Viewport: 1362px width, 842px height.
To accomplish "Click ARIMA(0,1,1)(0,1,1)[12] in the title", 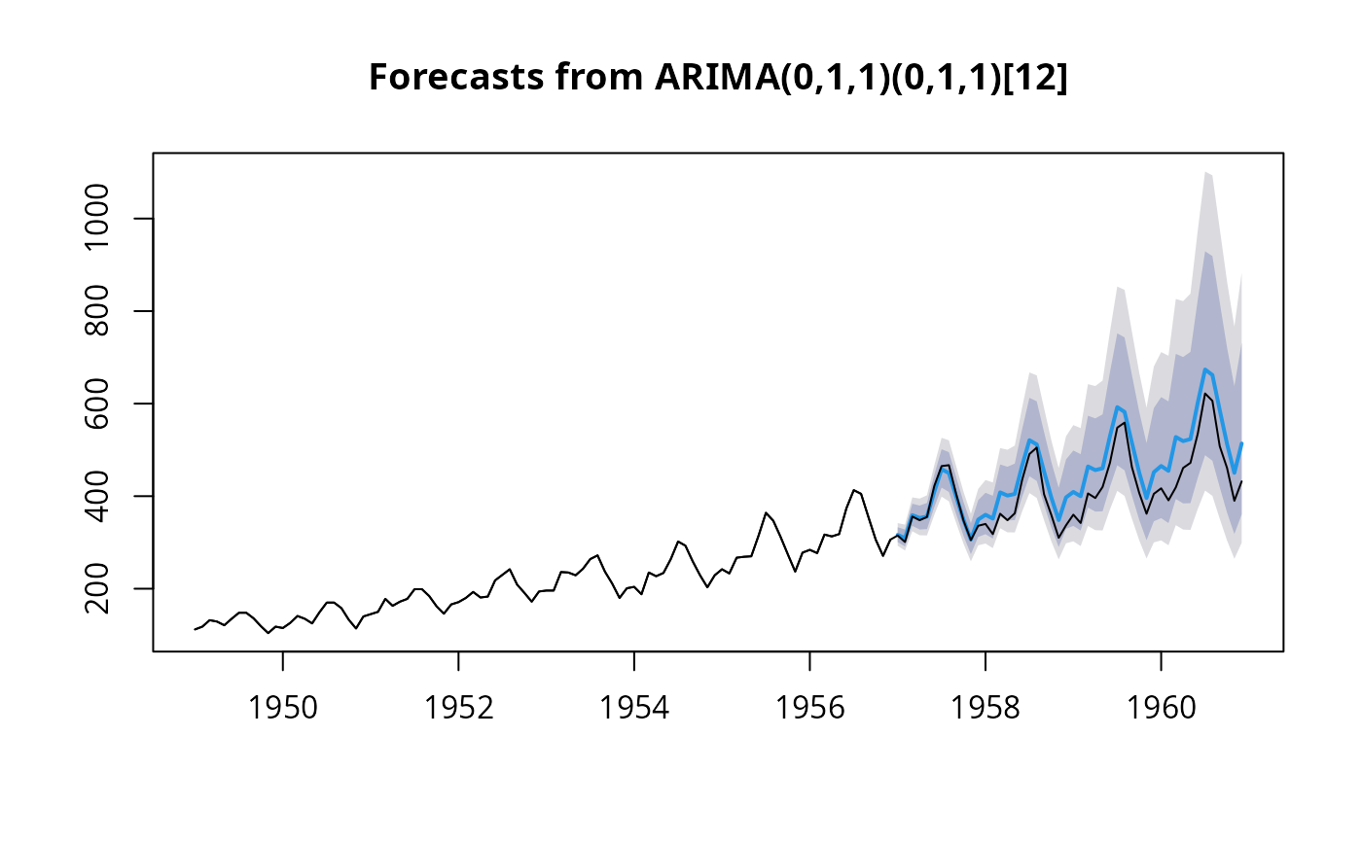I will click(854, 79).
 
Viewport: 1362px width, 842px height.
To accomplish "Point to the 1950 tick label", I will click(283, 709).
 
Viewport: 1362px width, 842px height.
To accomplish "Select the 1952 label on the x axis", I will click(458, 709).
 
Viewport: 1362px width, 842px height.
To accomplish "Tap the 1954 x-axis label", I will click(634, 709).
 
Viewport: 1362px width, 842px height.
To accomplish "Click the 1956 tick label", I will click(809, 709).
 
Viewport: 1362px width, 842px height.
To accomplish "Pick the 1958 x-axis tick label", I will click(986, 709).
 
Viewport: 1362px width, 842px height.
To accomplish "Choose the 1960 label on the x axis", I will click(1161, 709).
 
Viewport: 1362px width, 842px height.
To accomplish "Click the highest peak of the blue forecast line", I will click(1205, 369).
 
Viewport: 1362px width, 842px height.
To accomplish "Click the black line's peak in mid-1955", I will click(767, 512).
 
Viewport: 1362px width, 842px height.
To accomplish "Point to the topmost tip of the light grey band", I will click(1205, 172).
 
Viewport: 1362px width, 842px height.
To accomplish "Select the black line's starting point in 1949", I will click(195, 630).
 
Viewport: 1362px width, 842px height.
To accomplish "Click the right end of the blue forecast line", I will click(1242, 443).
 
